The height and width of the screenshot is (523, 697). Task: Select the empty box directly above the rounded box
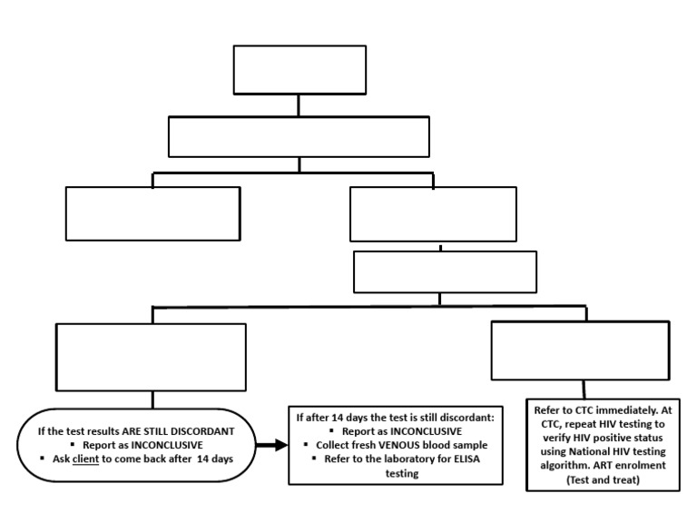point(151,357)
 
